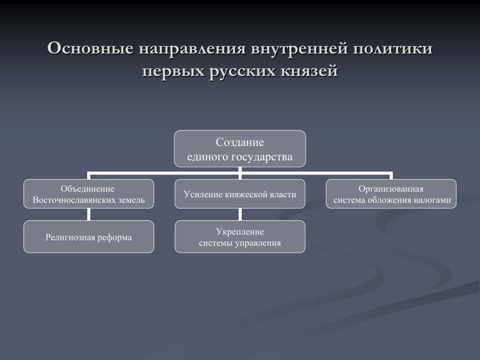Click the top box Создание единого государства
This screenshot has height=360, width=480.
tap(240, 149)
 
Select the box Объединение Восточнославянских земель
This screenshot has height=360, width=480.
tap(89, 194)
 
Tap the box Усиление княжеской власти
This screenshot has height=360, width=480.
tap(240, 194)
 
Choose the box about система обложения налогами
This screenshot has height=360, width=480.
tap(391, 194)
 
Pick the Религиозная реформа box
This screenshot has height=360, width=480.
tap(89, 237)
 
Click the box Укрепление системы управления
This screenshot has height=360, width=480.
tap(240, 237)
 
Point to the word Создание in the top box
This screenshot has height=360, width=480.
tap(240, 142)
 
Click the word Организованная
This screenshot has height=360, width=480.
tap(391, 188)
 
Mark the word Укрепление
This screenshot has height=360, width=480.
tap(240, 232)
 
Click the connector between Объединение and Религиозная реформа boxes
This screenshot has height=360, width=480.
tap(89, 214)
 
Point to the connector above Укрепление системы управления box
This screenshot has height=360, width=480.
tap(240, 214)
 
